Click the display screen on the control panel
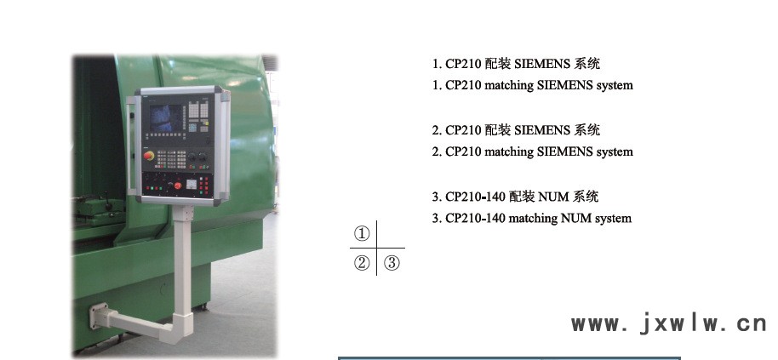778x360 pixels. (x=166, y=117)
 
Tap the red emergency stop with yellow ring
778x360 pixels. (x=149, y=156)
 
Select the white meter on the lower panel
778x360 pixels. (x=191, y=184)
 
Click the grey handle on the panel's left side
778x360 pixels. (x=131, y=146)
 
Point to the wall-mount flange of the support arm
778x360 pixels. (x=98, y=316)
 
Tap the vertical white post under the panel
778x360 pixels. (x=183, y=263)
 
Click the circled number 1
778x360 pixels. (x=362, y=233)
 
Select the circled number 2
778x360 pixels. (x=362, y=262)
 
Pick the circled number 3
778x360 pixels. (x=392, y=262)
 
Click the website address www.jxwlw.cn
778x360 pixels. (x=669, y=323)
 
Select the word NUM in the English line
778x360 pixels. (x=576, y=218)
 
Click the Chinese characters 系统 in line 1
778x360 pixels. (x=587, y=64)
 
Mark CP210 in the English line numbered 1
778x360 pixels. (x=463, y=85)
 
